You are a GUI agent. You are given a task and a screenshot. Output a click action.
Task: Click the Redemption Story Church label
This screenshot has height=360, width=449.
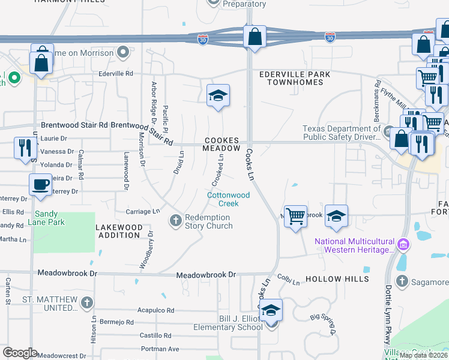[x=208, y=221]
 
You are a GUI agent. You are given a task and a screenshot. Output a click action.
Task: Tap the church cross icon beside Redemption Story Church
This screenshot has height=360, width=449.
[x=176, y=221]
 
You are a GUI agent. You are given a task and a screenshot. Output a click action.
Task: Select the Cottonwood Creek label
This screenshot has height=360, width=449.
[x=228, y=199]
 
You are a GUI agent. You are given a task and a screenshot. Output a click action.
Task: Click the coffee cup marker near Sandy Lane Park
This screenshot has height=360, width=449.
[x=41, y=185]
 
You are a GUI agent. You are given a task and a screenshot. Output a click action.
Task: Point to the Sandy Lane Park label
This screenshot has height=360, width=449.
[x=49, y=218]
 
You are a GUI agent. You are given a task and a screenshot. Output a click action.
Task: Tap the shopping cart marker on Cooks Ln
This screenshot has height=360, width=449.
[x=295, y=216]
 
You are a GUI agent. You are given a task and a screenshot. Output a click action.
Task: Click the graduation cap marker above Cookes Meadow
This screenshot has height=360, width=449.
[x=218, y=95]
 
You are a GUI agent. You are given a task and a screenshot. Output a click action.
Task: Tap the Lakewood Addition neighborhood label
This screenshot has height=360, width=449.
[x=119, y=232]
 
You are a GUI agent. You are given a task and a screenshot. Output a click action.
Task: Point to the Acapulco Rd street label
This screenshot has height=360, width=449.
[x=155, y=311]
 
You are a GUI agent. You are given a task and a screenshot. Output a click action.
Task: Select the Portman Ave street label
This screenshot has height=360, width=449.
[x=160, y=349]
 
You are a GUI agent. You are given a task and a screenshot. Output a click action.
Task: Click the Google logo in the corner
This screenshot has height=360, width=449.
[x=20, y=353]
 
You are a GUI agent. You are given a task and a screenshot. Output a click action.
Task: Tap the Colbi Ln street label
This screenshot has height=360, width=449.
[x=288, y=280]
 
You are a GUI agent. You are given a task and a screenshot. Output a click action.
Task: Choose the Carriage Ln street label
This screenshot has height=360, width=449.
[x=143, y=211]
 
